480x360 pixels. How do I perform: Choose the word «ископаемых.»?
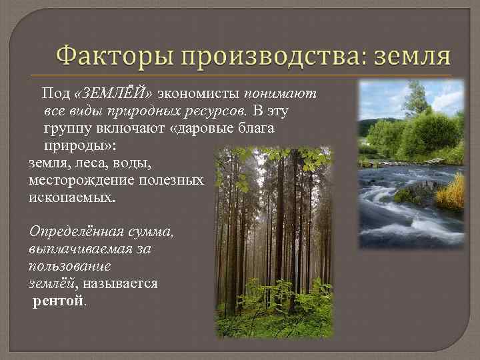72,197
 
